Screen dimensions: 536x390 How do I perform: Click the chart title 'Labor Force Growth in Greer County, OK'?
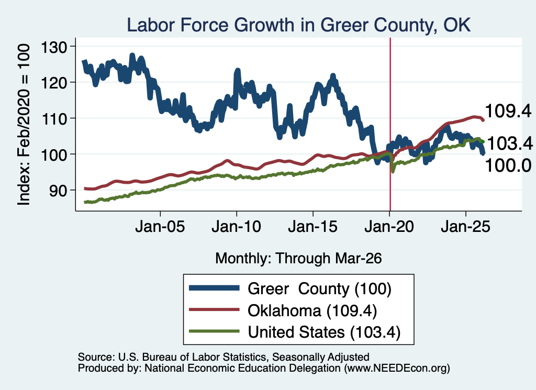point(298,25)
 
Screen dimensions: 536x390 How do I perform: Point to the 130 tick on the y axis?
point(54,47)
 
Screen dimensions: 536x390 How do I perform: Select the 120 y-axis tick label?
point(54,83)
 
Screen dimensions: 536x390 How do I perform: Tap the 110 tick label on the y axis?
point(54,119)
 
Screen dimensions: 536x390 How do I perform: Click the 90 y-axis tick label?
point(58,191)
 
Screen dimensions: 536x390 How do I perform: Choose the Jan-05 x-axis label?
point(160,227)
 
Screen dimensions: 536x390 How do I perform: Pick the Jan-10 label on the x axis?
point(237,227)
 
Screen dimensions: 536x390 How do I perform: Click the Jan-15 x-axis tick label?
point(313,227)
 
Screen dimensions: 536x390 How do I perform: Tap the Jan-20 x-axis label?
point(389,227)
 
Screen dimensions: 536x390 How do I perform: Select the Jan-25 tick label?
point(465,227)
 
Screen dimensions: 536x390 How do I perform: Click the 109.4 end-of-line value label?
point(508,111)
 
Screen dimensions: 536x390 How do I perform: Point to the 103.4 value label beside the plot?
point(510,143)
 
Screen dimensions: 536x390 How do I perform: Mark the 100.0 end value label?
point(508,165)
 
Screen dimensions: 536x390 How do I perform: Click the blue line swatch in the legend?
point(214,288)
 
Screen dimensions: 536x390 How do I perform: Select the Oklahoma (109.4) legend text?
point(312,311)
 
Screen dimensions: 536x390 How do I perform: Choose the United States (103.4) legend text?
point(324,332)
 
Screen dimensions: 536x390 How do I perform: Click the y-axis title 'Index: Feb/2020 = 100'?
point(24,125)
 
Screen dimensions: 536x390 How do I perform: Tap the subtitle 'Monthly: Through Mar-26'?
point(298,258)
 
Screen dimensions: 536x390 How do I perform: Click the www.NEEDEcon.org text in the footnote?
point(397,368)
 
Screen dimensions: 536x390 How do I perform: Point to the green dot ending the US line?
point(483,141)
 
